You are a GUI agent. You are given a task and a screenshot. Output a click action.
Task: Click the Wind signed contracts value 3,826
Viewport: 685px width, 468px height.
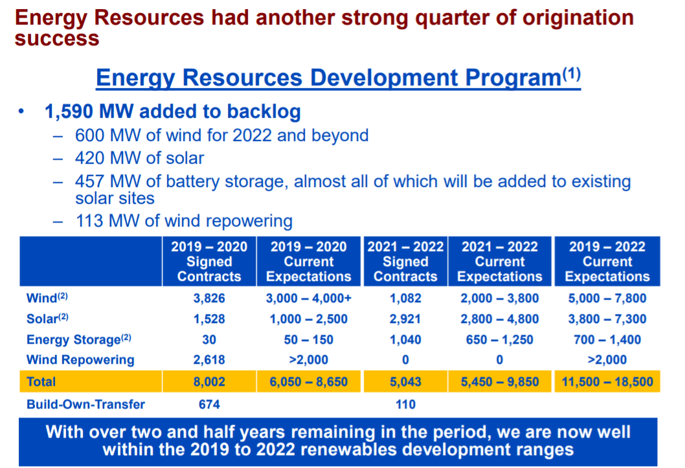[x=209, y=298]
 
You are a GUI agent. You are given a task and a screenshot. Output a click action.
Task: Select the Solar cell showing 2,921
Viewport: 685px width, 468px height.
[x=406, y=319]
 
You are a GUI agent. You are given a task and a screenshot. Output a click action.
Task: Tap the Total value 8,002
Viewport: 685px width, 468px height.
[x=209, y=382]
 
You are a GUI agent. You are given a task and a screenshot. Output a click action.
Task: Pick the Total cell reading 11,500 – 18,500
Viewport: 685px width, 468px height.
[x=607, y=382]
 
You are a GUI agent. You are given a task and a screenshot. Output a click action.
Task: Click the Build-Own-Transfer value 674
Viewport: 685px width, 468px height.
[x=209, y=405]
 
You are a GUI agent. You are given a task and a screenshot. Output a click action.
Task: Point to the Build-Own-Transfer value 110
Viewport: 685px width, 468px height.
[x=406, y=405]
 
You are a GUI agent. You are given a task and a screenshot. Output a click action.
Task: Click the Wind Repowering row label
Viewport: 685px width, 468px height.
[x=80, y=360]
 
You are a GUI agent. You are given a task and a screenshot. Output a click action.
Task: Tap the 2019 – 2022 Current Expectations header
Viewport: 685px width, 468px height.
[x=607, y=262]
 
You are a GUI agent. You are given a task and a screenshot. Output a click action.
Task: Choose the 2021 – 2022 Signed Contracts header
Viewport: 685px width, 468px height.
[x=406, y=262]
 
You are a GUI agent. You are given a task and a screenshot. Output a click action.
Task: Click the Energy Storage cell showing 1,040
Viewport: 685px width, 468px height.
[x=406, y=340]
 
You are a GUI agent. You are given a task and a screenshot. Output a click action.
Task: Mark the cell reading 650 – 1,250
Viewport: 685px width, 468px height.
[x=499, y=340]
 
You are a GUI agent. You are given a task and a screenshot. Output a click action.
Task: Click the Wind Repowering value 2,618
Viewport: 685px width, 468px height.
[x=209, y=360]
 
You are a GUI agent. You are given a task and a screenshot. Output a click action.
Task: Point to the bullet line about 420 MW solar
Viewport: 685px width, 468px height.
[x=139, y=158]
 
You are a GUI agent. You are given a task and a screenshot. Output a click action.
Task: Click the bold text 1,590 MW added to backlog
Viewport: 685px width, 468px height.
[x=172, y=111]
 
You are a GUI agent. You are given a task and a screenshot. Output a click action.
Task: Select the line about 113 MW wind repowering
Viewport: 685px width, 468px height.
[x=184, y=221]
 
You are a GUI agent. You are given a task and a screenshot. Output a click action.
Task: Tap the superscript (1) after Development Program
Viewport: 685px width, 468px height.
[x=571, y=73]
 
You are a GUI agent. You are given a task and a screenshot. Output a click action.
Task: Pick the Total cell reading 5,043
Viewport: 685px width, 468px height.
[x=406, y=382]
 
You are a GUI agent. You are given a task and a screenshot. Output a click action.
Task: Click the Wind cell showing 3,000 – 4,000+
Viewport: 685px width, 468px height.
[x=309, y=298]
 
